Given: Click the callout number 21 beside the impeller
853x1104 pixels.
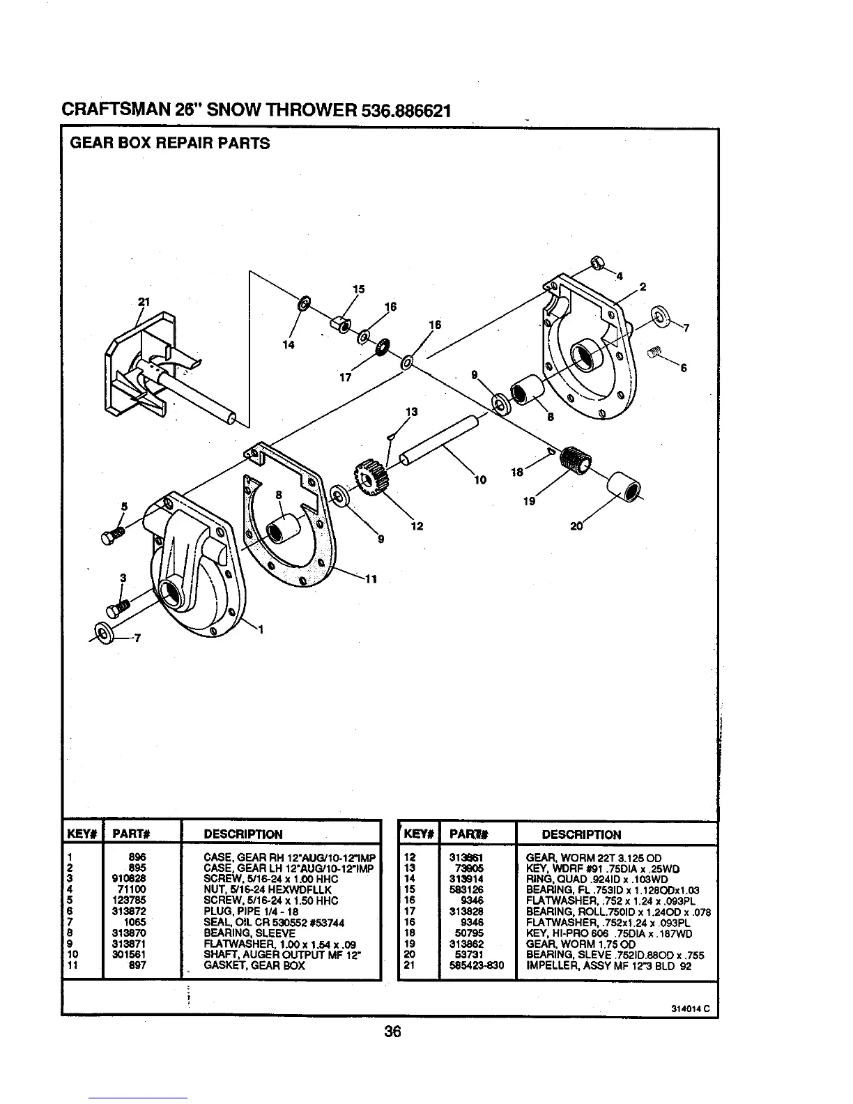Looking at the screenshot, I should tap(144, 302).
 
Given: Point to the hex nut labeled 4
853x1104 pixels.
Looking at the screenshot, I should tap(597, 263).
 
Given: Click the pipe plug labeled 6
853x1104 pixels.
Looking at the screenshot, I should tap(653, 352).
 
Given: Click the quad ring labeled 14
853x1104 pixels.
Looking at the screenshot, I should tap(305, 304).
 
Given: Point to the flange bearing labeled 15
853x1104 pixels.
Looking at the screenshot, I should tap(341, 324).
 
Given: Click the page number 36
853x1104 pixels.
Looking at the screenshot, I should tap(393, 1032).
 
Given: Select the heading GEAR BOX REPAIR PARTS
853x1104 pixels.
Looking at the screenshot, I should tap(169, 144).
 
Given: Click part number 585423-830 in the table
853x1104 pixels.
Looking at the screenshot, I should tap(477, 966).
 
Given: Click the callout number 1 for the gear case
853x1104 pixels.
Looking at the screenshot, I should tap(261, 631).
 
